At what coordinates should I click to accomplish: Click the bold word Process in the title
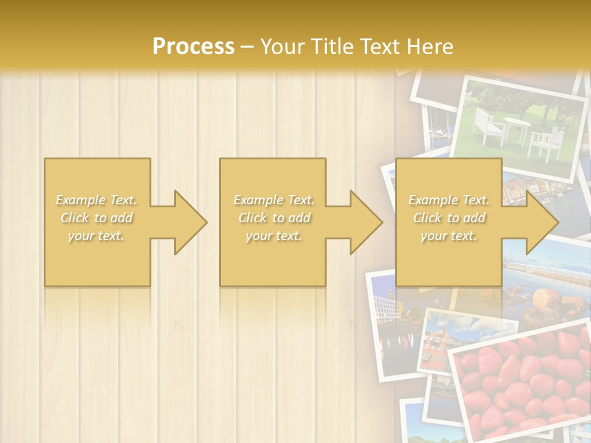point(193,46)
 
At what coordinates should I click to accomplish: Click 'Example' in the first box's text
point(80,200)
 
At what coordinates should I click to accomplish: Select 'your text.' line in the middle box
point(273,236)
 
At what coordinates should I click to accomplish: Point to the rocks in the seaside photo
point(548,301)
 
